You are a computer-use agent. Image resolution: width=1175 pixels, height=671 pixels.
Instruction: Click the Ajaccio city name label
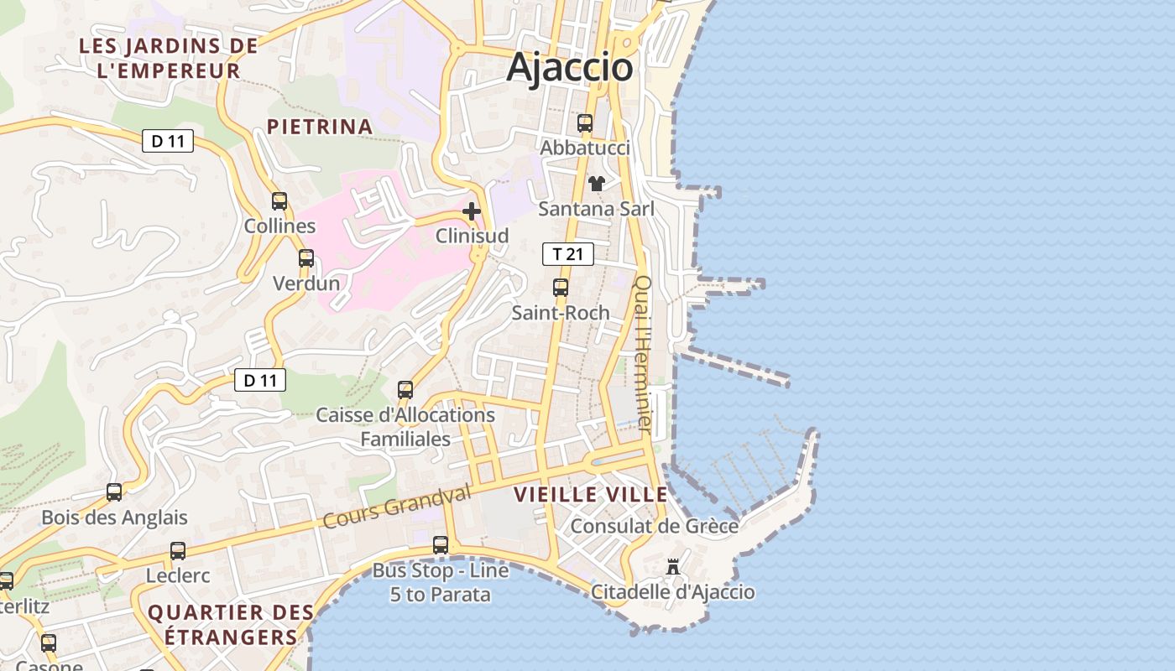click(x=569, y=67)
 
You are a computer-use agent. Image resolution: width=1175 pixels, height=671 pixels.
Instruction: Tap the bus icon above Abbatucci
click(x=585, y=123)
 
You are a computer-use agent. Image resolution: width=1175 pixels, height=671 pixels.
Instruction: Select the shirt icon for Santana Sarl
click(x=596, y=184)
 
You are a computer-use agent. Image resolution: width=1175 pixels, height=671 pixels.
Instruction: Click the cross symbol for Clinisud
click(x=472, y=211)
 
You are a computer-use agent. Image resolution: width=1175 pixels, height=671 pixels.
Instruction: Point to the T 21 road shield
click(x=568, y=254)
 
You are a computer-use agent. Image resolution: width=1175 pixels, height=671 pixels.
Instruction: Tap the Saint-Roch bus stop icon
click(x=561, y=288)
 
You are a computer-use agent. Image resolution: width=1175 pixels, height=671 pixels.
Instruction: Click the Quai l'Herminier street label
click(x=643, y=354)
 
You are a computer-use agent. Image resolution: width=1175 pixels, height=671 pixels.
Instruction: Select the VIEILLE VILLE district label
click(x=591, y=494)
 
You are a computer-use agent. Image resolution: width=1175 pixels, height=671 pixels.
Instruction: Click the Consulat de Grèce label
click(x=655, y=527)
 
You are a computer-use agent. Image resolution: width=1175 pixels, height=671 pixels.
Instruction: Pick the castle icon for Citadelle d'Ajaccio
click(x=673, y=567)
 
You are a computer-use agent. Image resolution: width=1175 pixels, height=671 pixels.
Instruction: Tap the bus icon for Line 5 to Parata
click(x=441, y=545)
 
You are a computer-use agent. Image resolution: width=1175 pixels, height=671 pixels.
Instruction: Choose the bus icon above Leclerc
click(x=178, y=551)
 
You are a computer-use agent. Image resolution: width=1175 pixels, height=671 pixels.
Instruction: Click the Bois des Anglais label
click(x=114, y=518)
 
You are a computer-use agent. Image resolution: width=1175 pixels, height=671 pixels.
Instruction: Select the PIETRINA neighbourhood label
click(x=319, y=127)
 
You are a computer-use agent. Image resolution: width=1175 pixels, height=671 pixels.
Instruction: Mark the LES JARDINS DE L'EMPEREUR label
click(x=169, y=58)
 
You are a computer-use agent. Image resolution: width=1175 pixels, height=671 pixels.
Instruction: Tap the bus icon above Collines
click(x=279, y=201)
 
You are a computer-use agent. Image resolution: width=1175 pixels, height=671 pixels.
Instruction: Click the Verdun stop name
click(x=306, y=283)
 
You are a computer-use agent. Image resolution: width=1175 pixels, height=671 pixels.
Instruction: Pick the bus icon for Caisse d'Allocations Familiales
click(x=405, y=390)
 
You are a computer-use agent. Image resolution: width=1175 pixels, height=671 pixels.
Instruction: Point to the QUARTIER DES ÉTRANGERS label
click(x=222, y=625)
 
